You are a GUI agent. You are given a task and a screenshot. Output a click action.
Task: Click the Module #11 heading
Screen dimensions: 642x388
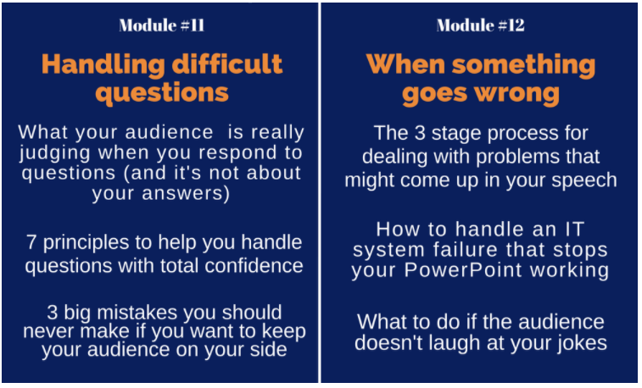point(162,25)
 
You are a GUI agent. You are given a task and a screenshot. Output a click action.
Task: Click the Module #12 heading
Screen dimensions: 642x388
point(480,25)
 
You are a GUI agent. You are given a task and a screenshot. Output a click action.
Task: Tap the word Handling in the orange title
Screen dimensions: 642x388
point(103,65)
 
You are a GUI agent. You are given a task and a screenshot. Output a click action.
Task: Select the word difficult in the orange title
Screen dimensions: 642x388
point(227,64)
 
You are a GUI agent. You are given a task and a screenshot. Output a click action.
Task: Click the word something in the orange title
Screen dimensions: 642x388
point(523,65)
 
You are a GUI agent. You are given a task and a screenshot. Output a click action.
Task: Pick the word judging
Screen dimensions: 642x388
point(54,153)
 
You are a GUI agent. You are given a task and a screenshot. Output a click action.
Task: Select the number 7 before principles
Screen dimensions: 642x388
point(31,242)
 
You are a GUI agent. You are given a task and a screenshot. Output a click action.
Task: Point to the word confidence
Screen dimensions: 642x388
point(254,266)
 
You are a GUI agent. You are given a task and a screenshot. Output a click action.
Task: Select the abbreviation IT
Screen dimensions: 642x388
point(574,230)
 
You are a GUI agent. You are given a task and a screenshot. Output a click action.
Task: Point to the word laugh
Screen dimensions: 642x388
point(454,343)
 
